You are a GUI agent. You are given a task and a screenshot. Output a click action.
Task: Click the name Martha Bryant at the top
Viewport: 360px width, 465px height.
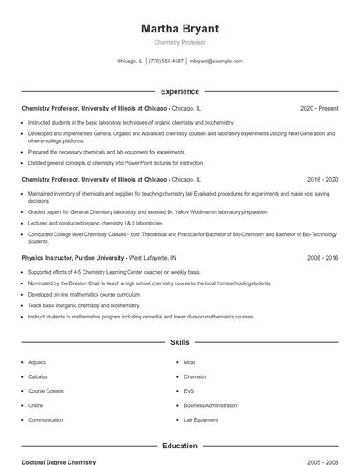coord(179,29)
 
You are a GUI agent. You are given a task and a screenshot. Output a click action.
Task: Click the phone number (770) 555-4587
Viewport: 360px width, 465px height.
coord(166,61)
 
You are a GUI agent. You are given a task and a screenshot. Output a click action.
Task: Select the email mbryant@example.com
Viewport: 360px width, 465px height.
coord(216,61)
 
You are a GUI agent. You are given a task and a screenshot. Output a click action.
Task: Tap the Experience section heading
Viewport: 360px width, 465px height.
coord(179,91)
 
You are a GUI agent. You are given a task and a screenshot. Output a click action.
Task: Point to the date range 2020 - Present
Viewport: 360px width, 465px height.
coord(319,108)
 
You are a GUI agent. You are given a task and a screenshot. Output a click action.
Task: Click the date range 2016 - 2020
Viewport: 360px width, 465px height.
coord(322,179)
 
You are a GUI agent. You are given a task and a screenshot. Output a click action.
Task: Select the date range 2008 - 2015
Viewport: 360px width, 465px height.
coord(322,258)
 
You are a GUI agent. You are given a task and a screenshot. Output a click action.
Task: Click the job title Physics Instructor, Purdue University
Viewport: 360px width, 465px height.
coord(73,258)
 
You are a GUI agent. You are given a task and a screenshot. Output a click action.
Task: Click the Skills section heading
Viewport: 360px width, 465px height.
coord(179,342)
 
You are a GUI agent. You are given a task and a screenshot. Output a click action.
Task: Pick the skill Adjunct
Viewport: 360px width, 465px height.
coord(37,362)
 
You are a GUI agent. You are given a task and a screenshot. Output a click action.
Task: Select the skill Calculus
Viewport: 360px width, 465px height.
coord(38,376)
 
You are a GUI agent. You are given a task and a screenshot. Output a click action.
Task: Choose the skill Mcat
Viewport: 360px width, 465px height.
coord(189,362)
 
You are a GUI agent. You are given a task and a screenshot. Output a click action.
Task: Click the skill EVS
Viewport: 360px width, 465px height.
coord(189,391)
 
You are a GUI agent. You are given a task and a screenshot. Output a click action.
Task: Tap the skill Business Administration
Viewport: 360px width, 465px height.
coord(210,405)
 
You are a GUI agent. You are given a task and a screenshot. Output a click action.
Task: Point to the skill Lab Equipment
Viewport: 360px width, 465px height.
coord(200,420)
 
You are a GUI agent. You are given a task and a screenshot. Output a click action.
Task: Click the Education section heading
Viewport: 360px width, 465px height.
coord(179,447)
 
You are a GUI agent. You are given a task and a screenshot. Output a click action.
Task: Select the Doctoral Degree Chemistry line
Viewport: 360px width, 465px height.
coord(59,461)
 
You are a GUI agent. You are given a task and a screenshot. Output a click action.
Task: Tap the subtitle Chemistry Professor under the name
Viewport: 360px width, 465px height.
coord(179,42)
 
